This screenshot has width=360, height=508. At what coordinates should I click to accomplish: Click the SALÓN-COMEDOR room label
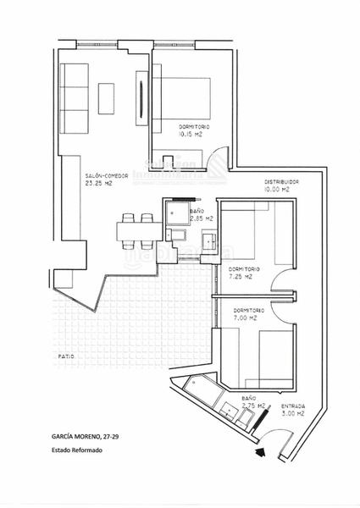click(x=107, y=175)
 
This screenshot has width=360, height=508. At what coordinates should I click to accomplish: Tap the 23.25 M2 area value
click(x=98, y=183)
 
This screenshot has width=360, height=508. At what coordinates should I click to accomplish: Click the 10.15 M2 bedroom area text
click(x=191, y=133)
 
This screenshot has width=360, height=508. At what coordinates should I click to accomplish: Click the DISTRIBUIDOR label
click(x=281, y=182)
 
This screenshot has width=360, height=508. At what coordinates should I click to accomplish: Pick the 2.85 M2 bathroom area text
click(x=201, y=218)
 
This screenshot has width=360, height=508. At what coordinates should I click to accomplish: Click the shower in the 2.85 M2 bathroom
click(x=177, y=211)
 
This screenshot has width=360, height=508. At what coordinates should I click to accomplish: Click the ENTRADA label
click(x=292, y=407)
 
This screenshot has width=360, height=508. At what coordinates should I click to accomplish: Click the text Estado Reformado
click(x=77, y=450)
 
